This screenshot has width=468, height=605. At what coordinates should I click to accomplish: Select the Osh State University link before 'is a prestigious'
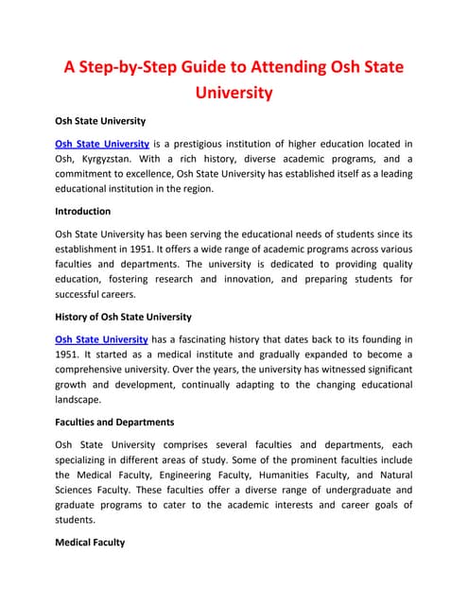[x=102, y=144]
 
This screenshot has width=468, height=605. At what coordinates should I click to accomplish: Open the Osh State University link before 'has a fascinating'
[x=102, y=339]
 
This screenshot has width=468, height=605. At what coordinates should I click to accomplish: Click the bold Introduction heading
[x=83, y=211]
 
